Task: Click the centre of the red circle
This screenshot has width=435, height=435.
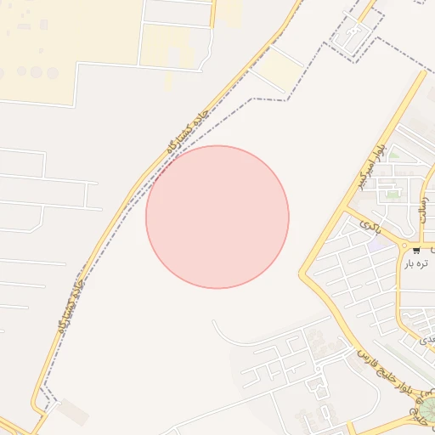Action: point(217,217)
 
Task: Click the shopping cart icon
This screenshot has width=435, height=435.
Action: point(416,250)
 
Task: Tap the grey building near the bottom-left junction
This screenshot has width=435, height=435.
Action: point(74,412)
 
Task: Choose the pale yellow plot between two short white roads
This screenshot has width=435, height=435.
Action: point(280,67)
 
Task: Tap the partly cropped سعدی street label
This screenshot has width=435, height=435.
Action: point(427,338)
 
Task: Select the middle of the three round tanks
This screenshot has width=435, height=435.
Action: point(37,72)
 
